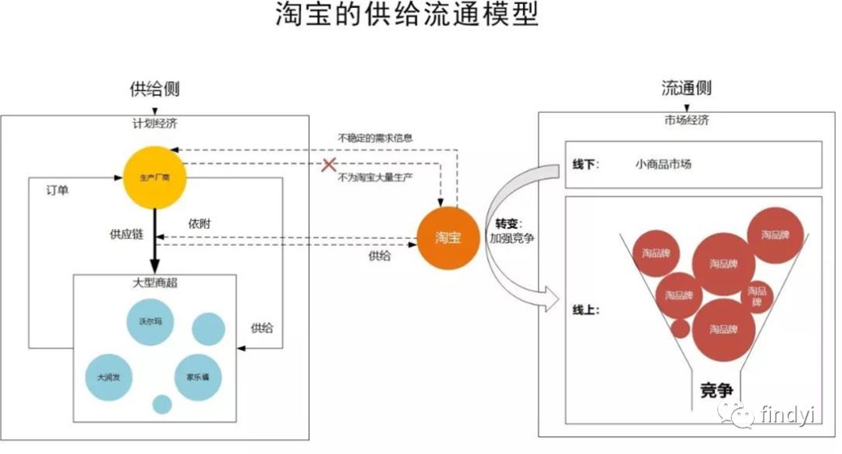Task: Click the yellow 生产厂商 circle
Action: (154, 177)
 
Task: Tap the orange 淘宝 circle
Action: (448, 238)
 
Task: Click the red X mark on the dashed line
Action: (330, 165)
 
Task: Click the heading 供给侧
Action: (154, 89)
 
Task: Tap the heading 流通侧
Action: (686, 88)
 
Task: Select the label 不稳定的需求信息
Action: (375, 138)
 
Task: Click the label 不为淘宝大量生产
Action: (375, 178)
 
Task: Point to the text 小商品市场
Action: (663, 164)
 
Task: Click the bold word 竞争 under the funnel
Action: (717, 390)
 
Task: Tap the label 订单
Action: (57, 190)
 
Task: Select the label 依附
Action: (199, 223)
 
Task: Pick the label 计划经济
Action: (154, 122)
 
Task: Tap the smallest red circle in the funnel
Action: (680, 328)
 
